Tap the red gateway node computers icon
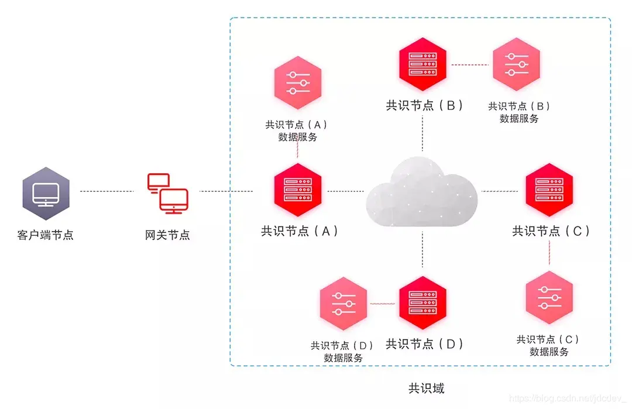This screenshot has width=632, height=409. click(167, 191)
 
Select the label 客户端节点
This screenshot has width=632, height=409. click(46, 235)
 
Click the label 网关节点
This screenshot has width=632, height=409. click(167, 235)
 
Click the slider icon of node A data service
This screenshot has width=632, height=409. click(298, 83)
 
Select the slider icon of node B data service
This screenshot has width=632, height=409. click(516, 64)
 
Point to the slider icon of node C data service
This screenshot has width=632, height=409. click(549, 297)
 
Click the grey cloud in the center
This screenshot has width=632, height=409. click(422, 191)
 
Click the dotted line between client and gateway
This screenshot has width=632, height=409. click(107, 191)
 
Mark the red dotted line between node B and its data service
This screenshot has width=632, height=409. click(469, 64)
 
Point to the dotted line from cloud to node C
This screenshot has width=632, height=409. click(500, 191)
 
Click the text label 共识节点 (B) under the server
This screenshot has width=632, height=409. click(424, 105)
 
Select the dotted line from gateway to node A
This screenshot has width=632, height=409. click(226, 191)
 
